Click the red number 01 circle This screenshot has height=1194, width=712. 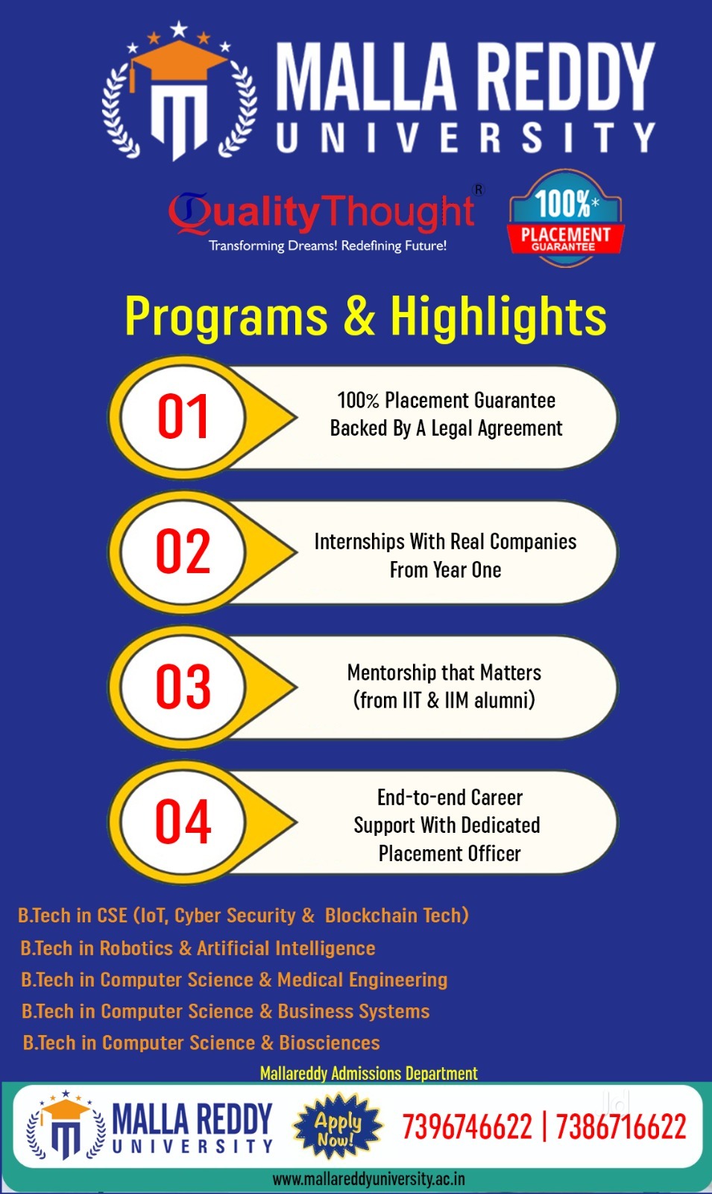pos(183,417)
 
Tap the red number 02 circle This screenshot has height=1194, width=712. pos(183,551)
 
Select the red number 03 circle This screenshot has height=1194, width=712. pos(183,687)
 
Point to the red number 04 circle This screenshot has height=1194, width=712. pos(183,822)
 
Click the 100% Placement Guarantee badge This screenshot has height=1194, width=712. pos(566,218)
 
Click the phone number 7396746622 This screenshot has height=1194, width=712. pos(467,1127)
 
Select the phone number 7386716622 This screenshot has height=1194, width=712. pos(621,1127)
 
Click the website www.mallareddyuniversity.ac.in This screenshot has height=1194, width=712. pos(368,1178)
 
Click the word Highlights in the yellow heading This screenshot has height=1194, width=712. pos(499,316)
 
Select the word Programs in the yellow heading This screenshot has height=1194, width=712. pos(226,316)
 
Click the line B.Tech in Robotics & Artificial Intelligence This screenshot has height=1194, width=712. pos(198,948)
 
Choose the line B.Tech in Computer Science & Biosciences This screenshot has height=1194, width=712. pos(201,1043)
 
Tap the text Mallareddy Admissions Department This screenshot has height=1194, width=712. pos(368,1073)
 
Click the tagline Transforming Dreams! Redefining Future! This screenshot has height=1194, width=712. pos(327,246)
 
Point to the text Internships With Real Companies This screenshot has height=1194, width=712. pos(445,542)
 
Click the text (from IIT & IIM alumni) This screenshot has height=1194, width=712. pos(444,700)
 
